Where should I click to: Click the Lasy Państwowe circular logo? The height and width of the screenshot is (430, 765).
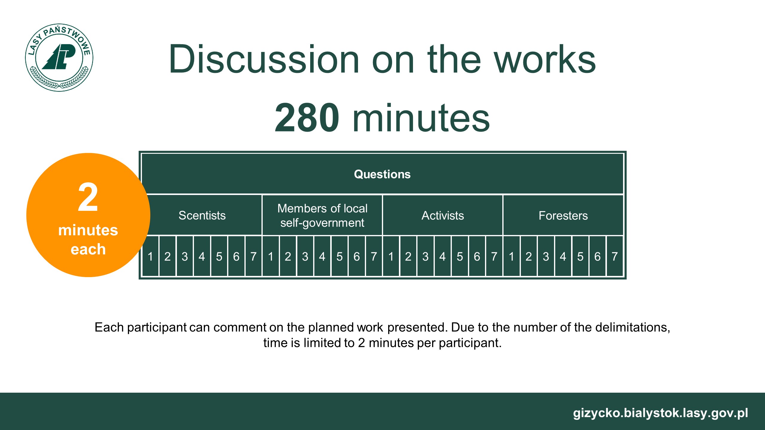59,57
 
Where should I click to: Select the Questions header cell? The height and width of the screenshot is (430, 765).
382,174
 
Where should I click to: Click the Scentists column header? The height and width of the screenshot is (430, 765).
202,215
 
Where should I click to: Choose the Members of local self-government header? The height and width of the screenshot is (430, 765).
322,215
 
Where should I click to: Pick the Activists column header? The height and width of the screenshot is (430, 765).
443,215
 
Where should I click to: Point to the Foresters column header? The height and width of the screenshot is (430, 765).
563,215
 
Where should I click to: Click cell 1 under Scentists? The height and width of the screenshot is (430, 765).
150,256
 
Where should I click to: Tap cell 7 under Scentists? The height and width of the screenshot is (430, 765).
253,256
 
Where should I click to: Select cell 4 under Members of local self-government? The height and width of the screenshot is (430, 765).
322,256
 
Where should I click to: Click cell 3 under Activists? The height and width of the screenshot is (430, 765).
425,256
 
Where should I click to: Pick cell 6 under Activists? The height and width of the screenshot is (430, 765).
477,256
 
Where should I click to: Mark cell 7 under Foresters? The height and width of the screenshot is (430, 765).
615,256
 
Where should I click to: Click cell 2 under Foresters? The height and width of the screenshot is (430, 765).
529,256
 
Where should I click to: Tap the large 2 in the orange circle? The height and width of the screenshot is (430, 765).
88,197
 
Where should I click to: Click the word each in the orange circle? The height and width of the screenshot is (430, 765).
88,249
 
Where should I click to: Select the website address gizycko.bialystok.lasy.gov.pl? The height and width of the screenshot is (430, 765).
660,413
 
